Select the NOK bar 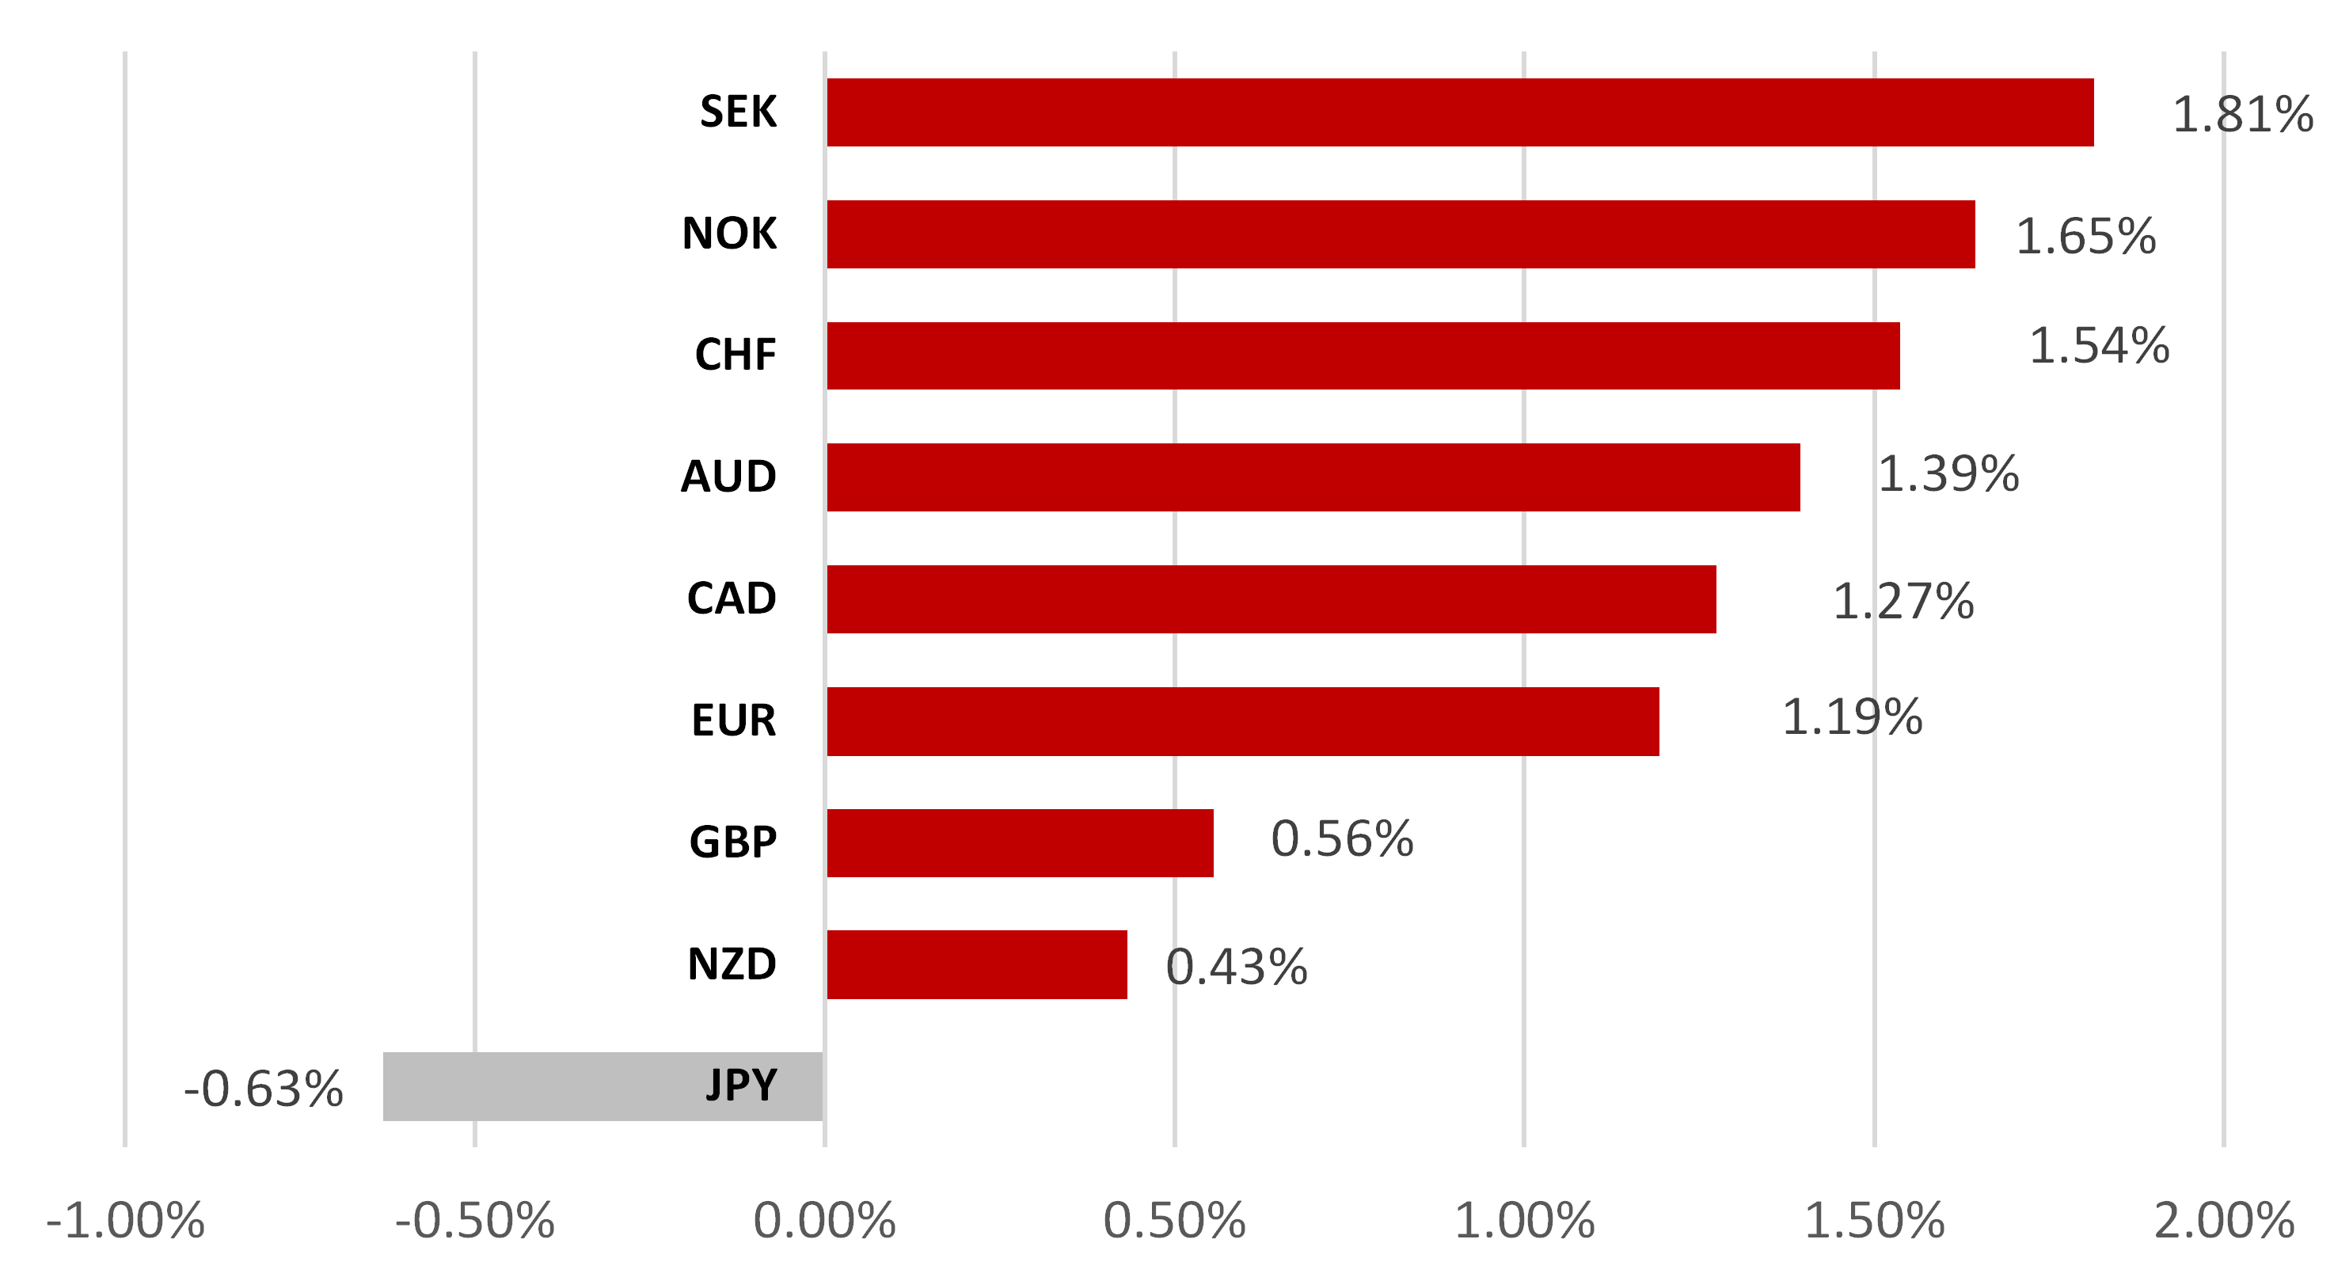pos(1400,234)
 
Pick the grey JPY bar pos(544,1086)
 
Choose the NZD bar pos(977,964)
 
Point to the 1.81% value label pos(2242,115)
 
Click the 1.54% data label pos(2098,346)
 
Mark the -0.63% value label pos(264,1089)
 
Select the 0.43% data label pos(1237,967)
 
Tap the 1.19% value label pos(1852,717)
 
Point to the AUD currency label pos(728,477)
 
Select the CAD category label pos(732,599)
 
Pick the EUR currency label pos(733,721)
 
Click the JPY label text pos(741,1085)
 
